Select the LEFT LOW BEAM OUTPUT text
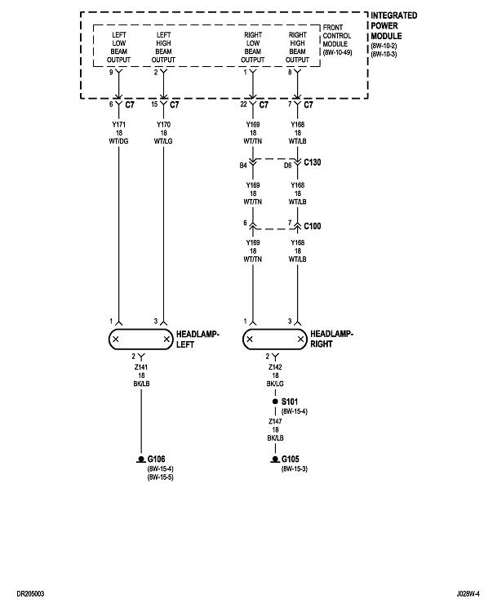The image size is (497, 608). (x=119, y=46)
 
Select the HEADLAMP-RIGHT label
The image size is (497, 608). (x=334, y=339)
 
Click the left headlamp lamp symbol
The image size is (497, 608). (x=141, y=339)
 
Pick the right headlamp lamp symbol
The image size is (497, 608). (x=277, y=339)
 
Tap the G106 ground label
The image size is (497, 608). (x=157, y=459)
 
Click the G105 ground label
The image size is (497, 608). (x=292, y=459)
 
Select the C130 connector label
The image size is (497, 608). (x=313, y=163)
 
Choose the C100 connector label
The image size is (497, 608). (x=313, y=224)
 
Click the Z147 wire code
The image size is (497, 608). (x=277, y=422)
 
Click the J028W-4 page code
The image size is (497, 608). (x=469, y=593)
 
